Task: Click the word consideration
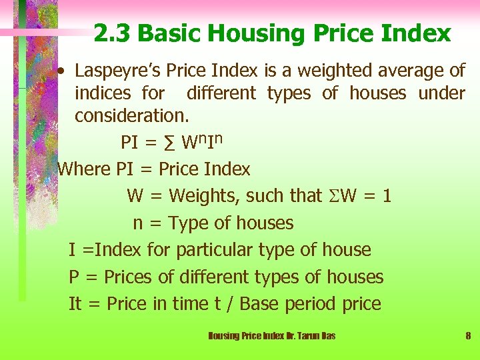tap(131, 115)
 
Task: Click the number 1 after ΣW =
tap(387, 196)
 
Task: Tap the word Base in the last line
tap(259, 304)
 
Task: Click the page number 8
tap(468, 336)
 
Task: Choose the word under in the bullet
tap(441, 93)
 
